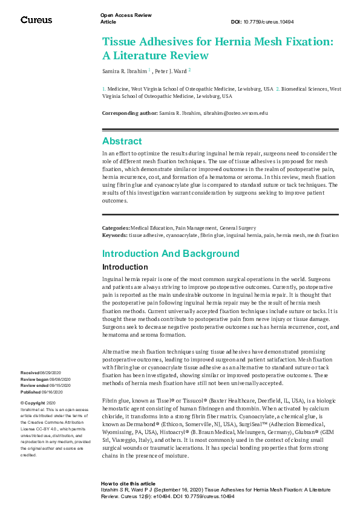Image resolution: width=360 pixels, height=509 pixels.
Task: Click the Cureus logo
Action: coord(36,20)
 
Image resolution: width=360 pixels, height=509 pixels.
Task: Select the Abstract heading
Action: coord(122,141)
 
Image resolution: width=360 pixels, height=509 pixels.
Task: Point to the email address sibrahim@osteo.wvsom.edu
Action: coord(235,113)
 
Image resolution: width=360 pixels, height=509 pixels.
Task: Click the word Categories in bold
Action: coord(116,228)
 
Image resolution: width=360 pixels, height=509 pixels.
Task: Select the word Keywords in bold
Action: coord(115,235)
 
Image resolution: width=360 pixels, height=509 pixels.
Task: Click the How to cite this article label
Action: coord(128,484)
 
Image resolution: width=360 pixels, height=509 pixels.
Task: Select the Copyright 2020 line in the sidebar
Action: coord(38,403)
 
